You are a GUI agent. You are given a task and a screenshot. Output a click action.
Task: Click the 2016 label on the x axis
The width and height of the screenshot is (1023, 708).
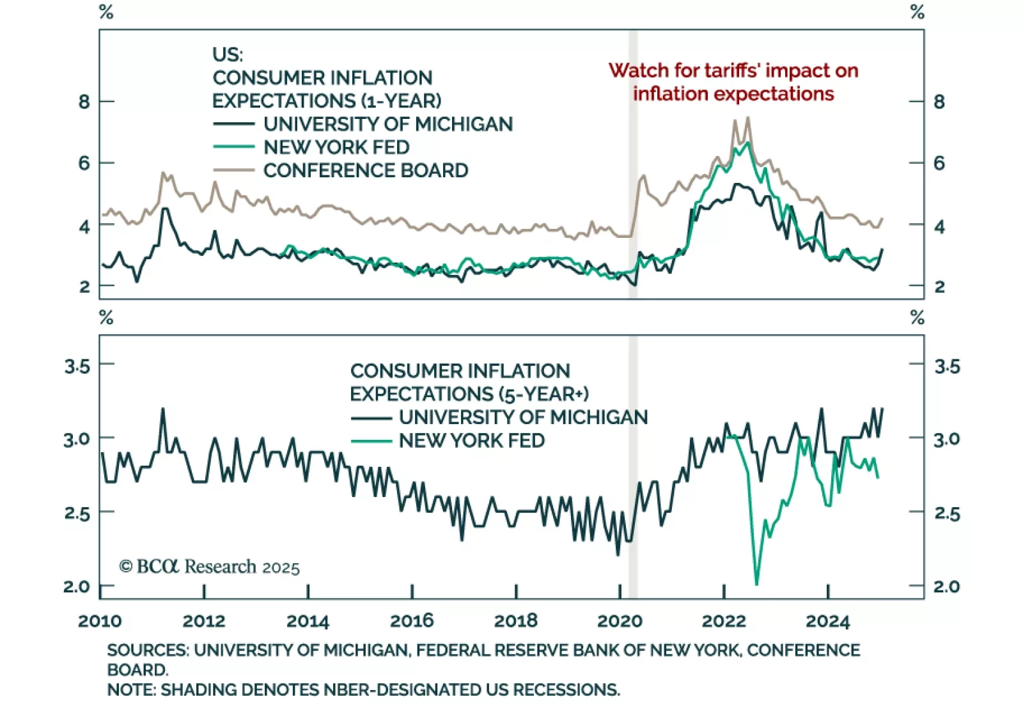[x=412, y=620]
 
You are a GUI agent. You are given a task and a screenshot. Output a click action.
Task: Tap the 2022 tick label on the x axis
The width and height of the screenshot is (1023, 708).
[x=724, y=621]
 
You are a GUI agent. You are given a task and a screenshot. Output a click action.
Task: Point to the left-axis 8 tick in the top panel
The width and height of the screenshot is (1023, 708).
[x=84, y=102]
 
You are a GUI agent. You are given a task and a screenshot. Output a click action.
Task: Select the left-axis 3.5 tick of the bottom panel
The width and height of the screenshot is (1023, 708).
[x=77, y=366]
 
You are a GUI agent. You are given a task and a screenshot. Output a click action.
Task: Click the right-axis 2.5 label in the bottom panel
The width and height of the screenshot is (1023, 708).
[x=947, y=514]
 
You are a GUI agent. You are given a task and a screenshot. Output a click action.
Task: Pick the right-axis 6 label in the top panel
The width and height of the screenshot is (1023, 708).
[x=939, y=163]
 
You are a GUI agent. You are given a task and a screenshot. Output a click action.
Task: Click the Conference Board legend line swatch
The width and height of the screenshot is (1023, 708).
[x=233, y=171]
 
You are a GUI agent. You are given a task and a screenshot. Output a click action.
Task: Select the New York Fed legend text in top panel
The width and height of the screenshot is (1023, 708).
[x=336, y=147]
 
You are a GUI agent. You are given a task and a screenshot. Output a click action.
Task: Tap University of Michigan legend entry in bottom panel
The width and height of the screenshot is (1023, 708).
[x=523, y=417]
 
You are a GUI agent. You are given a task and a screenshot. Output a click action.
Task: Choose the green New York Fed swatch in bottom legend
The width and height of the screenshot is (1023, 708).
[x=371, y=441]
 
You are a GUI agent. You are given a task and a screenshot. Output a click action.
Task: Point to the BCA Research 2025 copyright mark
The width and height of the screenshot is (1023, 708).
[x=209, y=567]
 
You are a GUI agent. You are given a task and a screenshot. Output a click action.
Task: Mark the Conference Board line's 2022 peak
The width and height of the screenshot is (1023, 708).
[x=748, y=118]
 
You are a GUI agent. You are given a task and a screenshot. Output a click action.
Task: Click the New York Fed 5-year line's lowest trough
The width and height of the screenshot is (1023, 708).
[x=756, y=583]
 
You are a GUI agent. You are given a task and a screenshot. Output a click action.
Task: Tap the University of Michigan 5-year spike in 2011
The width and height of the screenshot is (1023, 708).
[x=162, y=409]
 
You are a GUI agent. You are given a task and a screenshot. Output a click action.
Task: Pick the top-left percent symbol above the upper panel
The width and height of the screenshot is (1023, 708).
[x=106, y=12]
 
